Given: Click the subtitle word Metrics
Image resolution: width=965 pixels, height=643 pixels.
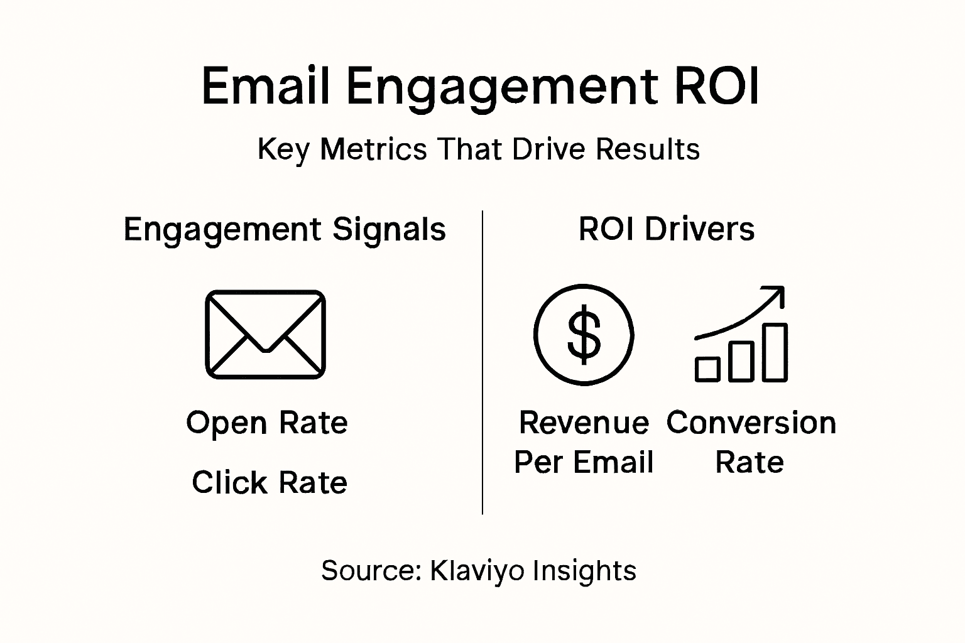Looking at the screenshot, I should click(374, 149).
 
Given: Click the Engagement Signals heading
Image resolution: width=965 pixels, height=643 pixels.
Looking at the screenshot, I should click(285, 230).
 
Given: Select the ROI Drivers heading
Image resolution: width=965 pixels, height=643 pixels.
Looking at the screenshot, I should click(666, 229).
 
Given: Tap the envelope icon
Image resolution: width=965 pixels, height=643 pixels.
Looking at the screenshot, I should click(265, 334).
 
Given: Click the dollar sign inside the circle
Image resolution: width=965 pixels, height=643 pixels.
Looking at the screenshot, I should click(584, 335).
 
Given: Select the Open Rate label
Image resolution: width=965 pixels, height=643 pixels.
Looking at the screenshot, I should click(266, 423).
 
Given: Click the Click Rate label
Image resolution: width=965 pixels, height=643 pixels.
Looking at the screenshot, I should click(269, 483).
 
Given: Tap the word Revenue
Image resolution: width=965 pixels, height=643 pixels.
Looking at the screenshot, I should click(584, 423).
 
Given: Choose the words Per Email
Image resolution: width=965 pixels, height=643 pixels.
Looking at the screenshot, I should click(584, 463).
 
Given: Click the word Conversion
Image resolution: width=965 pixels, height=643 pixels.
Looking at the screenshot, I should click(751, 423).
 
